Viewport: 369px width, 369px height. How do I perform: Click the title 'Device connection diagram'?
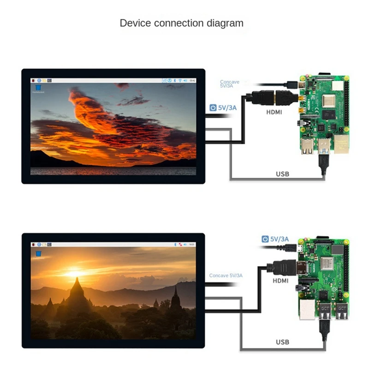(181, 23)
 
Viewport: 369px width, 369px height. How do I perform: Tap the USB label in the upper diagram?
(282, 174)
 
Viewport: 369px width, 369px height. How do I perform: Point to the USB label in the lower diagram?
(282, 342)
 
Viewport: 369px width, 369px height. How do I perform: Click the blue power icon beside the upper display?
(213, 108)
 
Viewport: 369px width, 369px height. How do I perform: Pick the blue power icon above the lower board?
(265, 239)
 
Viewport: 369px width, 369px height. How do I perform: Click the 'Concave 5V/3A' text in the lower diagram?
(226, 275)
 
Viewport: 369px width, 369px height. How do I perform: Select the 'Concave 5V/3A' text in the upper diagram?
(230, 83)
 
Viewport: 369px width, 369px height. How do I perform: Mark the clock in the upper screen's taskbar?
(193, 81)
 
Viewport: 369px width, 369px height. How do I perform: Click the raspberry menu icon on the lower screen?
(34, 244)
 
